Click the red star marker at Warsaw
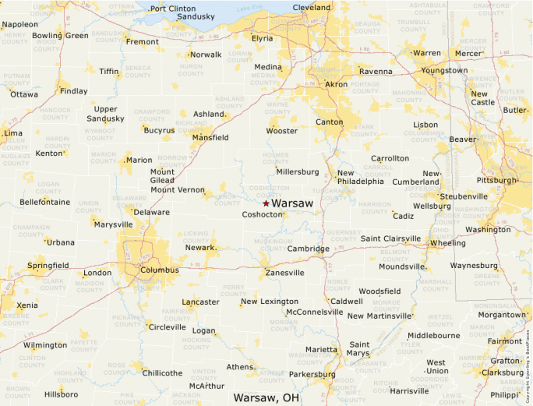[266, 203]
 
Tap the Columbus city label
[160, 270]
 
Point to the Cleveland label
[311, 8]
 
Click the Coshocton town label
[261, 214]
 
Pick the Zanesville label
[284, 273]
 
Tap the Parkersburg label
[311, 374]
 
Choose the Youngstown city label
[444, 70]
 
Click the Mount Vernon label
[177, 190]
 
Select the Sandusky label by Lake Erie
[196, 16]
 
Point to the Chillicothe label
[162, 373]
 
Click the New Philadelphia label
[360, 177]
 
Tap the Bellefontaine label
[44, 202]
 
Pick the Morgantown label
[502, 315]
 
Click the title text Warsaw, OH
[266, 397]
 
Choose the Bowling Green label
[60, 36]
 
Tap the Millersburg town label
[298, 171]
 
